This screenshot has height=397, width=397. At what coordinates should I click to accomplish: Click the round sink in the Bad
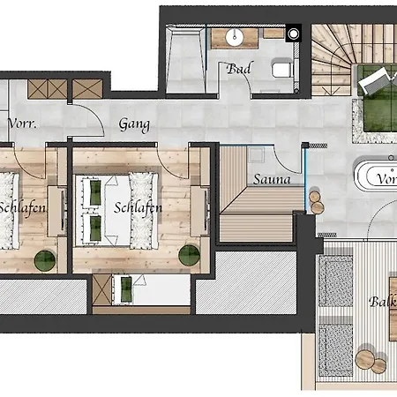(236, 37)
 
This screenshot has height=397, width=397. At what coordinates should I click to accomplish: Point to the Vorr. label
(23, 124)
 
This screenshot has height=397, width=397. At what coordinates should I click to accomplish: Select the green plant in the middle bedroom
(188, 256)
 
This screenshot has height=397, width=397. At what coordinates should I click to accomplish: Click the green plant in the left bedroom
(44, 260)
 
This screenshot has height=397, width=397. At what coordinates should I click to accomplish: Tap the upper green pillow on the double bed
(93, 190)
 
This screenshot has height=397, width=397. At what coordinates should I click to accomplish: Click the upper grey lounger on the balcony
(335, 278)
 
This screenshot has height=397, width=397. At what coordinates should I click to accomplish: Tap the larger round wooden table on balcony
(366, 358)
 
